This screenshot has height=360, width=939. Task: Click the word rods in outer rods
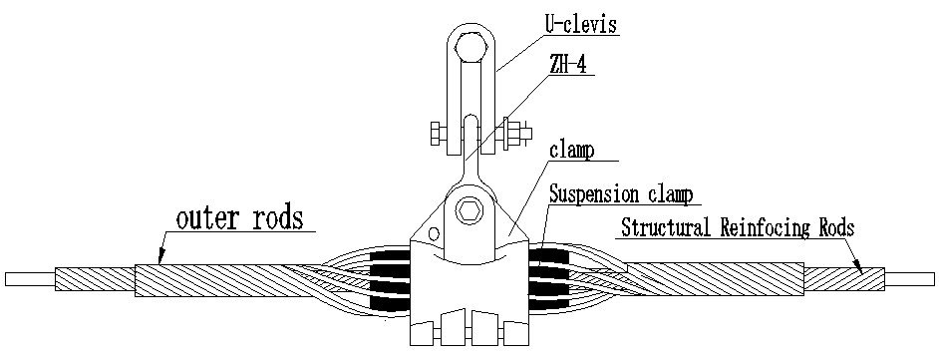(x=273, y=218)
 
